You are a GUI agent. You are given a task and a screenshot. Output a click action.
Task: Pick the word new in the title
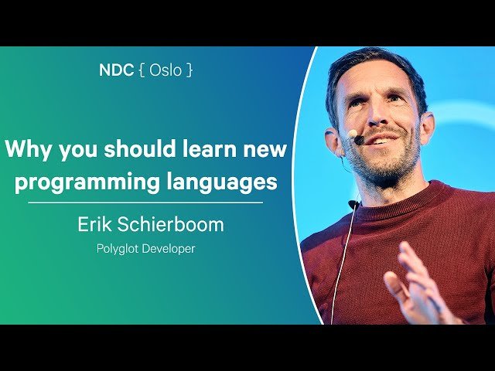coord(267,149)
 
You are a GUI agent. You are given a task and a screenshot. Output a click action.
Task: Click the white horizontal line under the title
coord(145,203)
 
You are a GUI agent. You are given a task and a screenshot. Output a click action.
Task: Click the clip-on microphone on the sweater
coord(353,205)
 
